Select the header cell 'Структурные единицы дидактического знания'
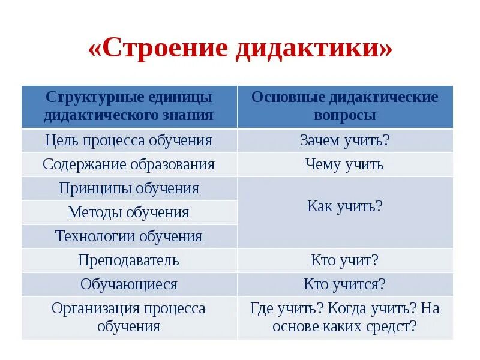coord(129,106)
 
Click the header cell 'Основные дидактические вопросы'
coord(345,106)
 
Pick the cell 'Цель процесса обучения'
coord(129,140)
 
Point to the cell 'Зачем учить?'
coord(345,140)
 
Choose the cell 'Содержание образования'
coord(129,164)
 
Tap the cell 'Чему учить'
coord(344,164)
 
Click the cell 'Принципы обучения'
coord(129,188)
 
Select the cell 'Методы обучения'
coord(128,212)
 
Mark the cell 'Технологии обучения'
coord(129,236)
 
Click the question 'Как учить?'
coord(345,206)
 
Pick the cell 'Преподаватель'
coord(128,260)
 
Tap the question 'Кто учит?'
coord(344,260)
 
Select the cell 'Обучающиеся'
coord(128,284)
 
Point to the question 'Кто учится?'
coord(344,284)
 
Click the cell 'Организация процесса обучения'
coord(128,317)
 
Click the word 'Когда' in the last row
coord(349,308)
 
